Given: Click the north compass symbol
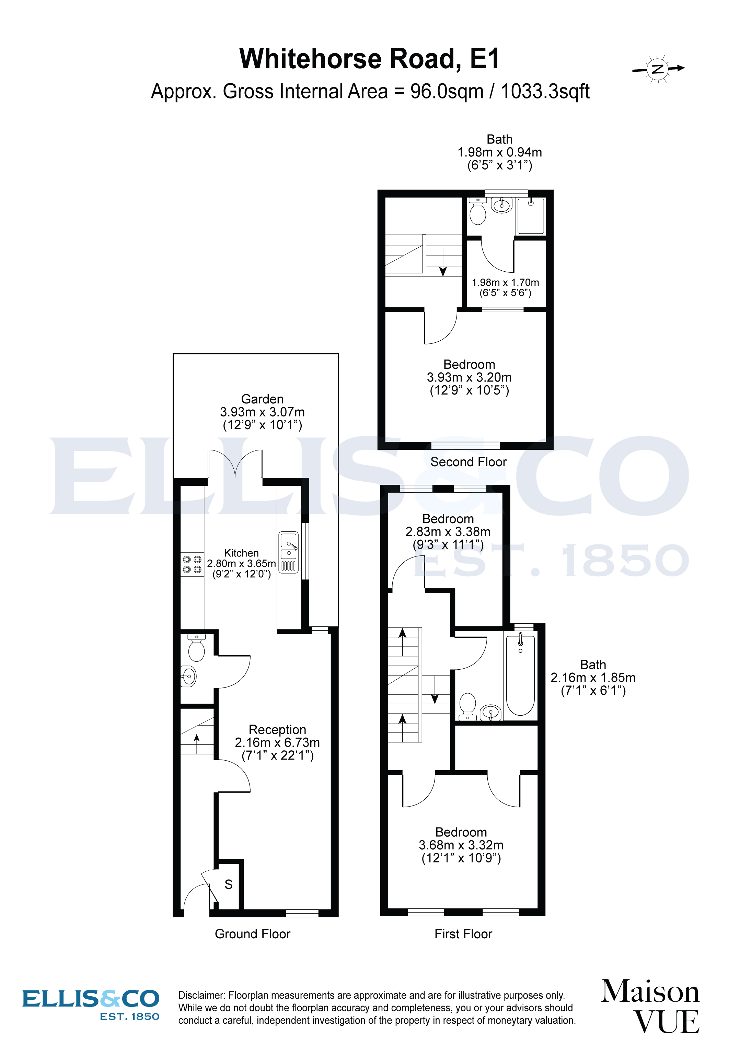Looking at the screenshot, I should click(658, 69).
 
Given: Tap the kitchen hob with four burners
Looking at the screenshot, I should click(192, 564).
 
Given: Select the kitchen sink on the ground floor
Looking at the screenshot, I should click(288, 547).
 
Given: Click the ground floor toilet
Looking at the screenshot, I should click(196, 649).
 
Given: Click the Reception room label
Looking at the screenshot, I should click(277, 729).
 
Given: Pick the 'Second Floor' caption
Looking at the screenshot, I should click(469, 462).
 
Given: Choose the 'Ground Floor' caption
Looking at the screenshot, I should click(252, 934).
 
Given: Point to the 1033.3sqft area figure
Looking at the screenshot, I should click(545, 92).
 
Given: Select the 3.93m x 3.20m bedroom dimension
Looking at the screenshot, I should click(469, 377).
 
